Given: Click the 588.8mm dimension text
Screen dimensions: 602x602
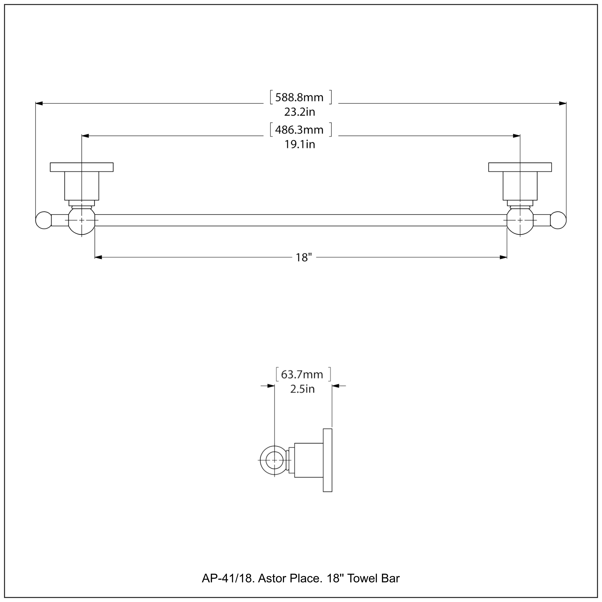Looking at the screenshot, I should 299,98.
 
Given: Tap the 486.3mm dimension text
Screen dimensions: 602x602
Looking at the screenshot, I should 299,130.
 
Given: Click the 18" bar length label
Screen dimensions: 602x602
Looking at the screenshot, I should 303,257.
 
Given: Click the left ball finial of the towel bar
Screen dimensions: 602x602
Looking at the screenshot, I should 44,220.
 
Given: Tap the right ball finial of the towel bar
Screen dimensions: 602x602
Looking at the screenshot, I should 558,220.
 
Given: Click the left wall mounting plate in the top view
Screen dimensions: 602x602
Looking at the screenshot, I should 82,167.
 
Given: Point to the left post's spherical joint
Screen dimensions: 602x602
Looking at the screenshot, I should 82,220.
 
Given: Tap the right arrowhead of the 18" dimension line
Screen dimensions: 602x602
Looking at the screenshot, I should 503,257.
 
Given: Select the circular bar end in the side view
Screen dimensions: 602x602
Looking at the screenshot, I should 274,460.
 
